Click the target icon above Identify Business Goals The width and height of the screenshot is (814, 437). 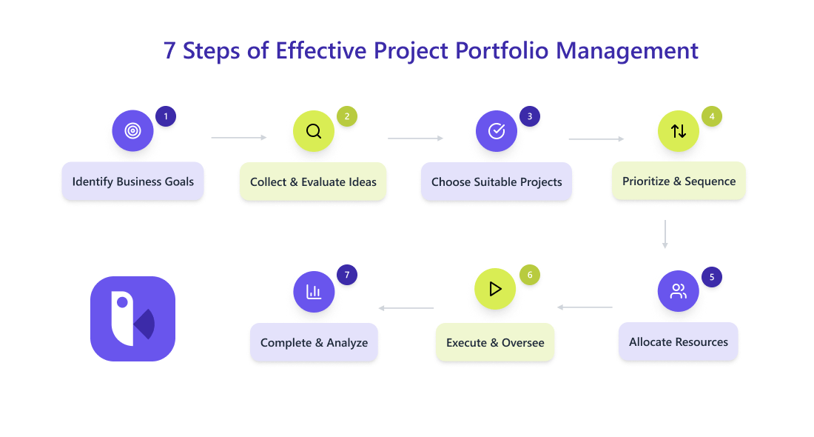[x=133, y=130]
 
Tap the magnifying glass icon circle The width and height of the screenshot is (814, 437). [x=314, y=131]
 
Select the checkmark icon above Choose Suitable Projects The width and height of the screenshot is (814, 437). [x=497, y=131]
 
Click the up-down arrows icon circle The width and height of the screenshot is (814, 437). [x=679, y=131]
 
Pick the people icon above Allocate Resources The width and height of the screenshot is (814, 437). [x=679, y=291]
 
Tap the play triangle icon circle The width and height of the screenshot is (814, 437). [x=495, y=289]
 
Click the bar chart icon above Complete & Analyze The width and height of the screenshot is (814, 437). [x=314, y=292]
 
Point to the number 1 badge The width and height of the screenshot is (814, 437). [x=166, y=116]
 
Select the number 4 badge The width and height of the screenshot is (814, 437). [x=712, y=116]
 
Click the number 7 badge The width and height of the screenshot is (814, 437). [x=347, y=275]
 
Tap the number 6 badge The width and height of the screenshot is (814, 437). [x=530, y=275]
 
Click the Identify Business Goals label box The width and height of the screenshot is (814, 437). [x=133, y=181]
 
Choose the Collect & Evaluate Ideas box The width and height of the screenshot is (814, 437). [x=313, y=182]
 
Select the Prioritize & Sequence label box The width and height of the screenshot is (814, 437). [x=679, y=181]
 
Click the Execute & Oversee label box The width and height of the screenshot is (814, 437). [x=495, y=342]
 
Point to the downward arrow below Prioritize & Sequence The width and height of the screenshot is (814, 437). [x=665, y=234]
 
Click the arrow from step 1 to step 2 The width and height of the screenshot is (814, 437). [x=239, y=138]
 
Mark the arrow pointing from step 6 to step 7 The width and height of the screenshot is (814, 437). [x=406, y=308]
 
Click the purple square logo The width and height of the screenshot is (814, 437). [x=133, y=318]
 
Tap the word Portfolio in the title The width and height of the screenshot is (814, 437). [x=502, y=51]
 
